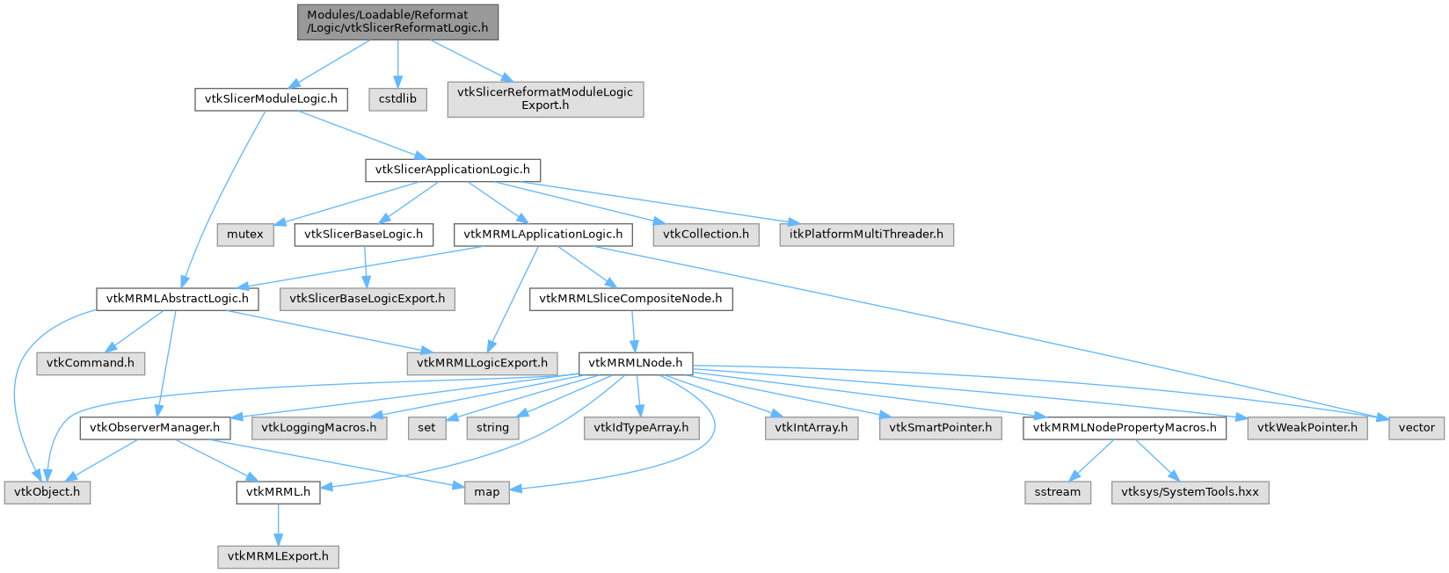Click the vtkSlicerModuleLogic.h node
click(x=271, y=99)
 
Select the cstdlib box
click(x=397, y=99)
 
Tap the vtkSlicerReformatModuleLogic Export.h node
click(x=545, y=99)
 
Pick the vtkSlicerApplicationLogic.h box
click(x=453, y=170)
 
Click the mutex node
click(x=245, y=235)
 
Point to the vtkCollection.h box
click(x=706, y=235)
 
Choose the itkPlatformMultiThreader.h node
click(x=866, y=235)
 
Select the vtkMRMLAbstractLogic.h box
click(x=178, y=300)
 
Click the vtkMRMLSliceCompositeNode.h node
click(x=630, y=300)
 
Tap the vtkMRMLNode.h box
click(x=635, y=364)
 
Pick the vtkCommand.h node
click(x=91, y=364)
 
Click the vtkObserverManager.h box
click(x=155, y=428)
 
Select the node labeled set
click(x=427, y=428)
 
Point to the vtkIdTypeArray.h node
click(x=641, y=428)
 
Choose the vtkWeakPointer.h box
click(x=1307, y=428)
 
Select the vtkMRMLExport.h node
click(x=278, y=557)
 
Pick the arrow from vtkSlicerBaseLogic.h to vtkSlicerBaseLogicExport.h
click(x=366, y=267)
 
